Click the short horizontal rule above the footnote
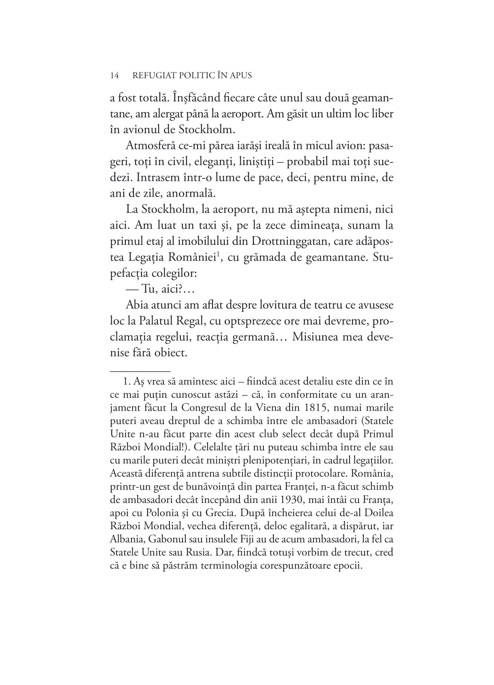click(x=140, y=370)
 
